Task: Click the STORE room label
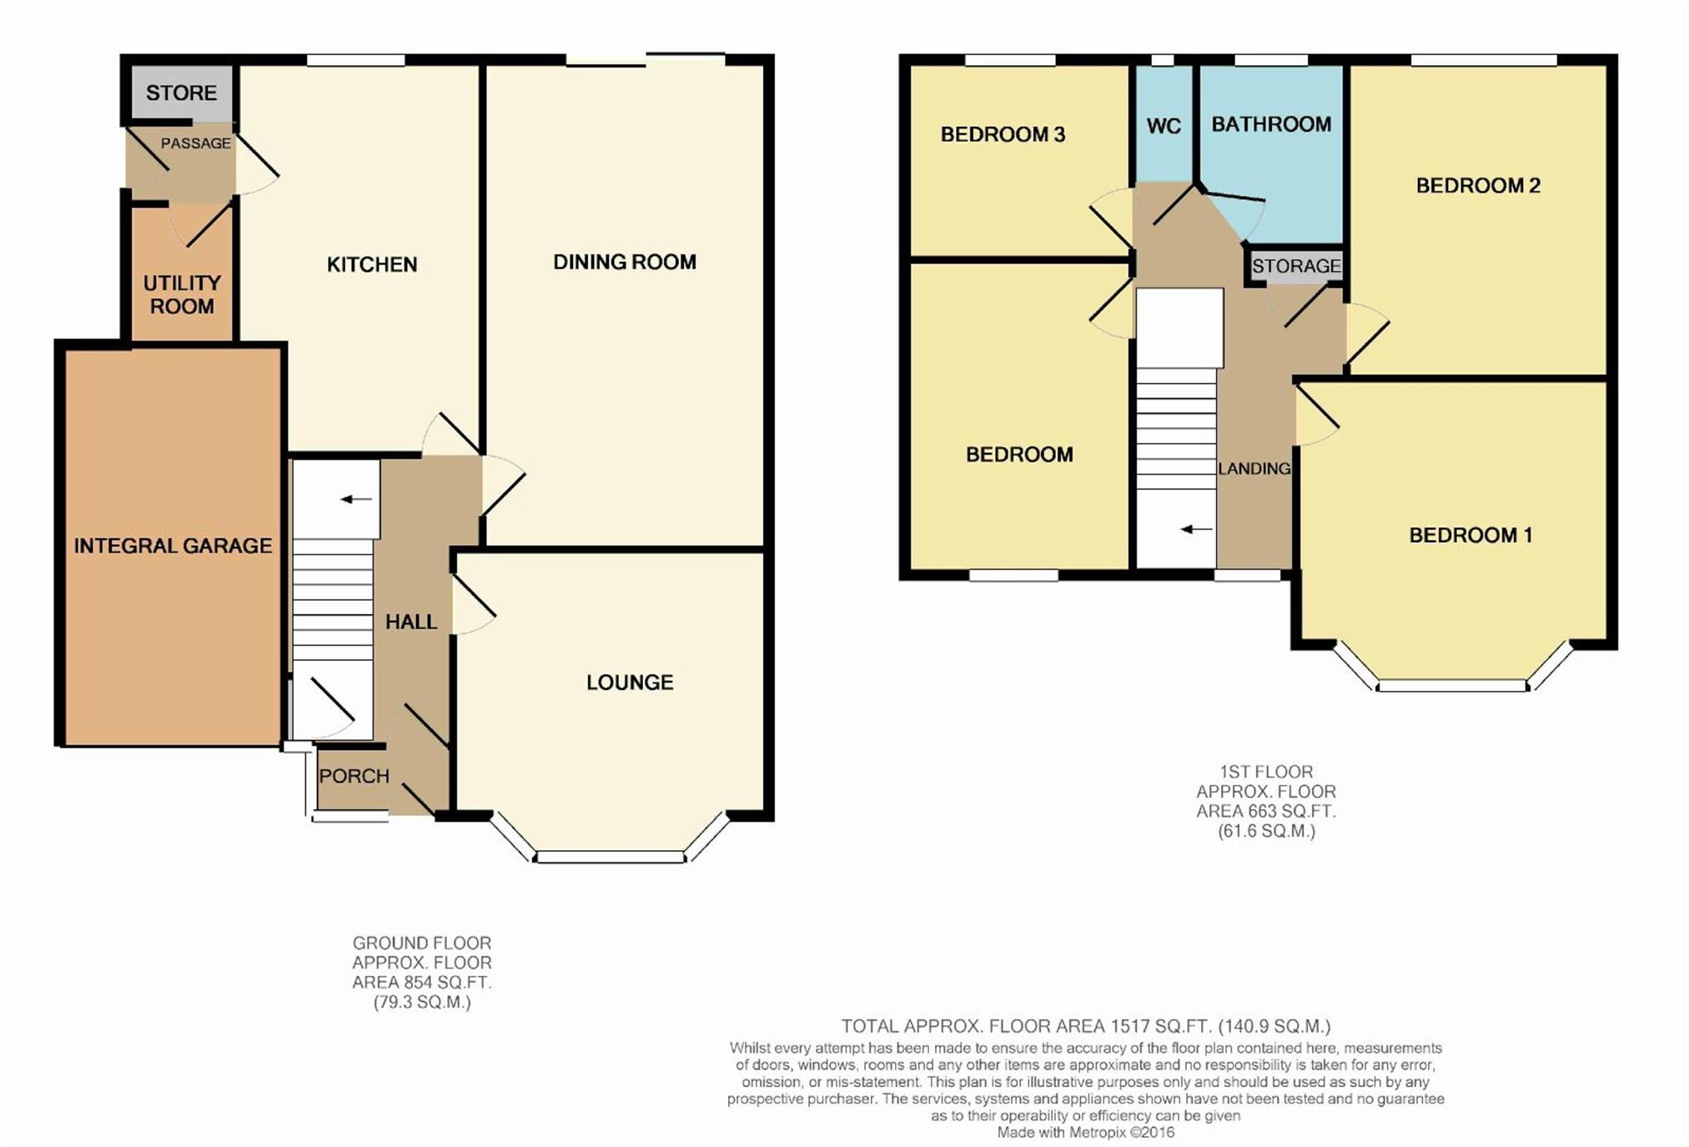(181, 93)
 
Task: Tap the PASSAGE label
(196, 143)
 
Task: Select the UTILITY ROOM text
(182, 294)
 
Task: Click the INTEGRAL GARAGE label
(173, 546)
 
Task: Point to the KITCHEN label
(372, 264)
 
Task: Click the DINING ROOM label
(625, 262)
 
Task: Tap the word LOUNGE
(630, 682)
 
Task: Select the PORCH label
(354, 776)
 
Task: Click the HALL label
(411, 621)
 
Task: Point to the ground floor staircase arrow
(356, 500)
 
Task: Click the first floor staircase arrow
(1196, 529)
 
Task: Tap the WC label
(1164, 126)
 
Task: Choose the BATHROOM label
(1271, 124)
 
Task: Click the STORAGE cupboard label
(1296, 266)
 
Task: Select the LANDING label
(1254, 469)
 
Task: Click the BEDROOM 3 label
(1003, 134)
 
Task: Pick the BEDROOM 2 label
(1478, 185)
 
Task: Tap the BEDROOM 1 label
(1470, 535)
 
